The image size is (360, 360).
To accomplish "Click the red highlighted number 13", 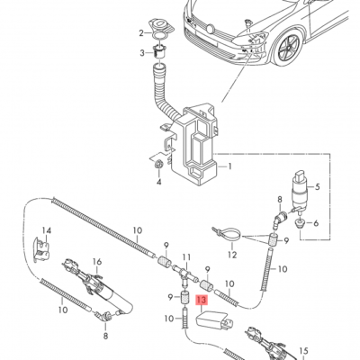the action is (202, 301).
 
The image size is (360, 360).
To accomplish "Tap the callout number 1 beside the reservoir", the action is (229, 166).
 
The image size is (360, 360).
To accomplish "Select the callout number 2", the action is (142, 33).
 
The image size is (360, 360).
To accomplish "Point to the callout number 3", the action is (142, 53).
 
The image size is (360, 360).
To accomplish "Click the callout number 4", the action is (158, 182).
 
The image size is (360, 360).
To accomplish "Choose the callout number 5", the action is (318, 187).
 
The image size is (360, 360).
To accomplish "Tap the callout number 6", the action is (316, 223).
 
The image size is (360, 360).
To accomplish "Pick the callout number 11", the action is (186, 257).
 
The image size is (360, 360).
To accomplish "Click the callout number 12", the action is (232, 255).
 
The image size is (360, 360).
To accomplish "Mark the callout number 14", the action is (47, 230).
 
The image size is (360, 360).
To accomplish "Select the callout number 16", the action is (97, 262).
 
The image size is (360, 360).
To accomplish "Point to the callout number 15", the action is (303, 350).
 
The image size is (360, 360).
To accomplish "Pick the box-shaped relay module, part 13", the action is (214, 321).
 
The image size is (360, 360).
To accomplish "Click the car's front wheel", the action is (289, 48).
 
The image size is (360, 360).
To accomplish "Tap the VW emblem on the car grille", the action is (210, 29).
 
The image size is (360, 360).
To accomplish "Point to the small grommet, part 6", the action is (300, 223).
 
